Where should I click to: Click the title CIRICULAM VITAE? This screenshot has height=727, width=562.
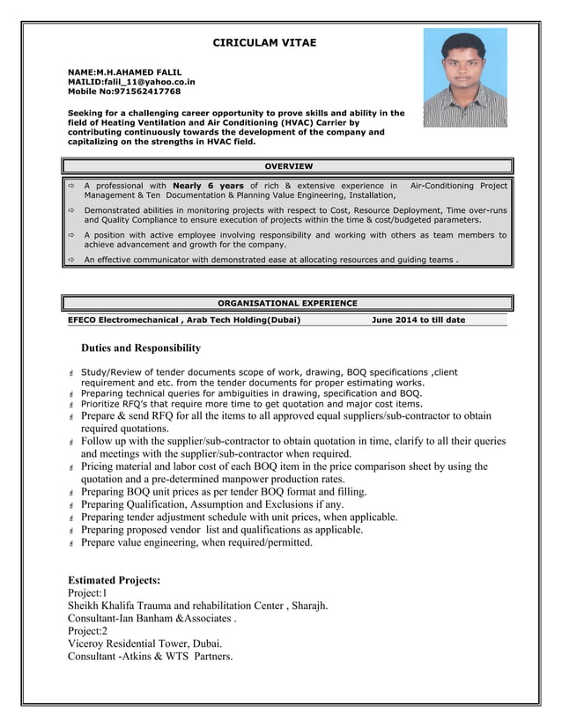264,42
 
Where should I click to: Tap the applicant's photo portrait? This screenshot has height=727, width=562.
464,77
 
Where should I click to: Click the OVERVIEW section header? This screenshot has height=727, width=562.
288,165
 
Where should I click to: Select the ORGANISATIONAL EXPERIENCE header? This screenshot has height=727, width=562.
288,303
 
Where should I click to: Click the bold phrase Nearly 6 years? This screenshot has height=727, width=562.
209,186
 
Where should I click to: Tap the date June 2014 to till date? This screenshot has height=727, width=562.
418,319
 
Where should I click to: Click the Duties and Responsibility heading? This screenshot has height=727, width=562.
141,349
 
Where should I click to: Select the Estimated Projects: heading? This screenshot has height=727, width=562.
115,581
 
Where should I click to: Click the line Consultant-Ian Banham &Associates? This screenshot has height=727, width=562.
152,619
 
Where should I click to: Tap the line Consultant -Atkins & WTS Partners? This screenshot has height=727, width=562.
150,657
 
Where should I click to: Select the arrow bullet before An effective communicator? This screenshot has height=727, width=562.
71,261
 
